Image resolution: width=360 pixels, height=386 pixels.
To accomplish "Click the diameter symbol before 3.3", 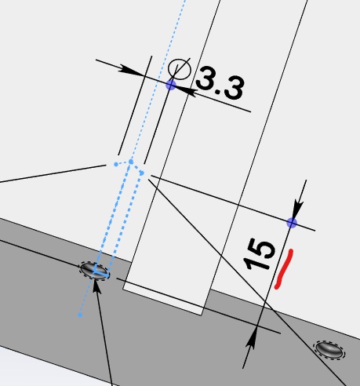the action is [180, 69].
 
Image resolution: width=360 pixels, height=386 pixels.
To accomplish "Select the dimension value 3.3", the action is [220, 83].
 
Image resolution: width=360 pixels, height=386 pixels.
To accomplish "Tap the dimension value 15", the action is [259, 254].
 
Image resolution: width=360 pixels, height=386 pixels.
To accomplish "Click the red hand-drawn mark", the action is [284, 269].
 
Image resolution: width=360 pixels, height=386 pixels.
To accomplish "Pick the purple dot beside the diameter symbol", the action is [171, 86].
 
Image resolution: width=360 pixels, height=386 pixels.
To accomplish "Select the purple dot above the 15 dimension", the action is [292, 223].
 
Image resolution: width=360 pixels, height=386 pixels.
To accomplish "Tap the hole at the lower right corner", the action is [329, 349].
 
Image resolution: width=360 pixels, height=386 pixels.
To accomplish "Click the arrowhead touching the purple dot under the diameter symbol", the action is [186, 90].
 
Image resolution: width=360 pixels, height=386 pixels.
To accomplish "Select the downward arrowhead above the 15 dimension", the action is [298, 208].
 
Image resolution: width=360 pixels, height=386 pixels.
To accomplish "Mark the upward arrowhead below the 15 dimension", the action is [251, 337].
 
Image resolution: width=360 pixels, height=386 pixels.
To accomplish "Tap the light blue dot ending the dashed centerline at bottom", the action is [80, 315].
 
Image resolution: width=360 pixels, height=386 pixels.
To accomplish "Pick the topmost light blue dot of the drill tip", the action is [131, 162].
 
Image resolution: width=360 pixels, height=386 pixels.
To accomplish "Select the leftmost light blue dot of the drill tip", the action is [116, 164].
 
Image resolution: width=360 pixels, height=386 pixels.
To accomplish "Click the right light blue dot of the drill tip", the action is [142, 173].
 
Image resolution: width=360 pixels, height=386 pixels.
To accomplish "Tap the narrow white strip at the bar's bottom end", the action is [163, 298].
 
